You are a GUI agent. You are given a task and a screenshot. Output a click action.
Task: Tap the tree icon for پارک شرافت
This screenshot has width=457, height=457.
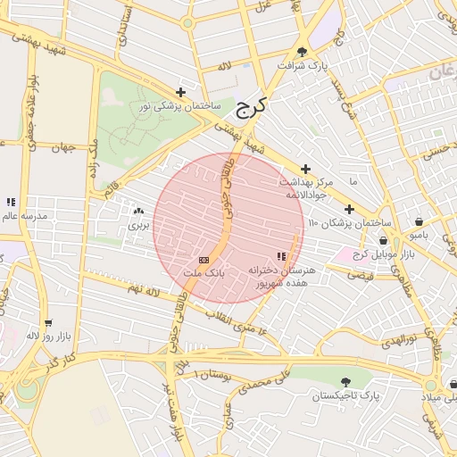[x=302, y=52]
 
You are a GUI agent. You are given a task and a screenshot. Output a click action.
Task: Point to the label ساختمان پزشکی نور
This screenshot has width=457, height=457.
[x=179, y=106]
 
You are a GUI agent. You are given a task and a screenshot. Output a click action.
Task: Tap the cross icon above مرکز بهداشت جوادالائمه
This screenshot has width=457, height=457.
[x=306, y=169]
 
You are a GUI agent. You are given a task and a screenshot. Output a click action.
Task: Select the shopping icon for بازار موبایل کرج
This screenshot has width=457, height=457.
[x=383, y=240]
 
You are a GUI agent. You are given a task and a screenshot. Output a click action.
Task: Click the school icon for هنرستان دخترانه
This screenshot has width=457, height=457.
[x=282, y=257]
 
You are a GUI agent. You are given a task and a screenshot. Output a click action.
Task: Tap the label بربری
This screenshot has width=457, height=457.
[x=138, y=225]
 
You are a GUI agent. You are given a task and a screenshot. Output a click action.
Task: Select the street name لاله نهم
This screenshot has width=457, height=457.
[x=143, y=290]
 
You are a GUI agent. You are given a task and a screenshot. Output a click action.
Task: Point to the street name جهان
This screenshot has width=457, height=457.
[x=62, y=147]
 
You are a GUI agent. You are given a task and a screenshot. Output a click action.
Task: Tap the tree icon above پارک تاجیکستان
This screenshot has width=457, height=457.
[x=345, y=381]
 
